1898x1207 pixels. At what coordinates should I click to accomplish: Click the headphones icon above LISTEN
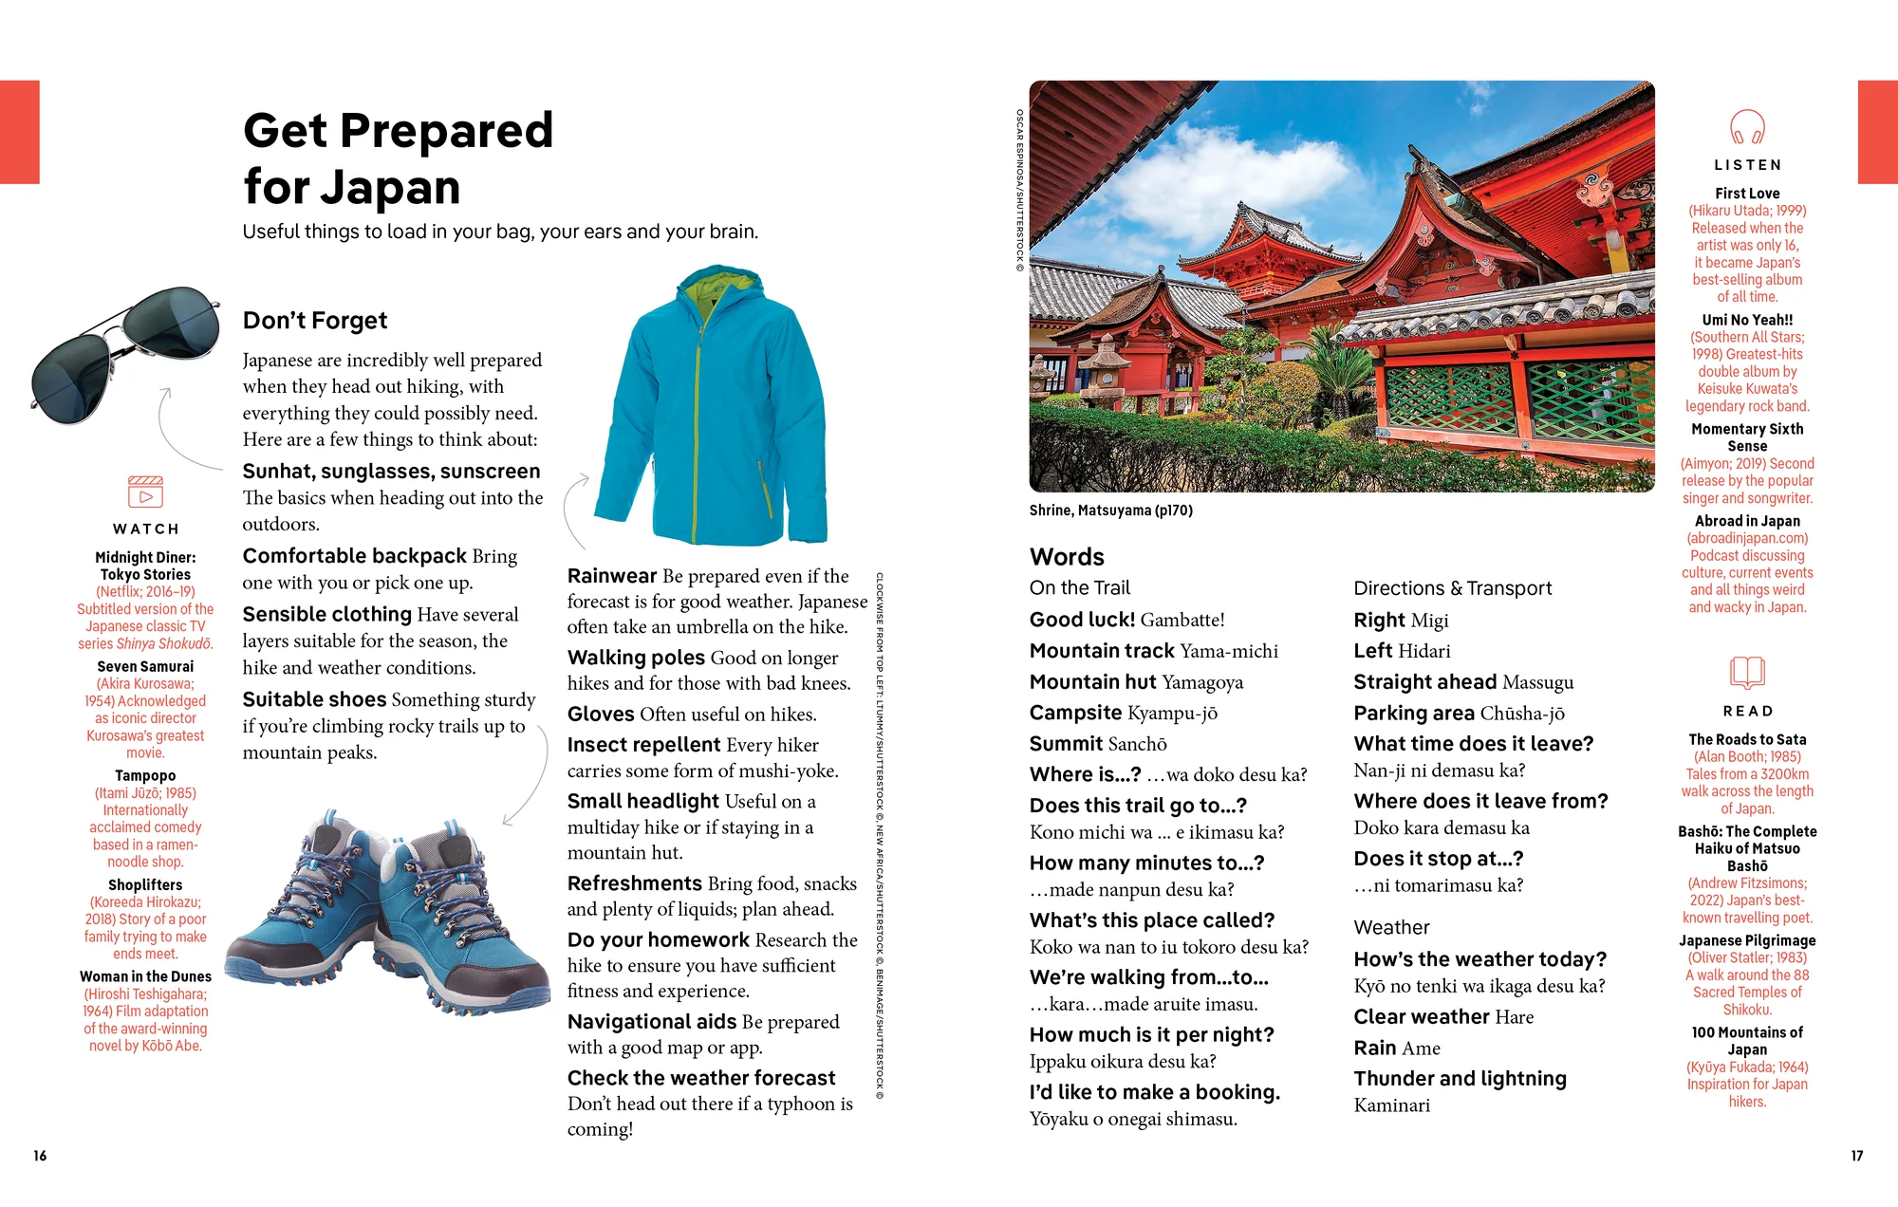point(1747,126)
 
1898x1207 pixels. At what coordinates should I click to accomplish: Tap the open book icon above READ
point(1747,673)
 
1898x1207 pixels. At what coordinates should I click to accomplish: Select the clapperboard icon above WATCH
point(145,492)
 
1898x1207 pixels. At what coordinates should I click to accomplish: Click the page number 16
point(40,1156)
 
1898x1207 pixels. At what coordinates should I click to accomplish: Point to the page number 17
point(1856,1156)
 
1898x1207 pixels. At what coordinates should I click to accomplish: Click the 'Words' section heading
point(1067,557)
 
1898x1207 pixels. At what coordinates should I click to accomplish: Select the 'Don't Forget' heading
point(315,321)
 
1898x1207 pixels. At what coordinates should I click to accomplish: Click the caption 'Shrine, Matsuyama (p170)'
point(1110,511)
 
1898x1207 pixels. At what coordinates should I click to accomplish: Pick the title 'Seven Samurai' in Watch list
point(145,666)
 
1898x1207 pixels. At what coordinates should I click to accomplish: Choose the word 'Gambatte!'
point(1182,621)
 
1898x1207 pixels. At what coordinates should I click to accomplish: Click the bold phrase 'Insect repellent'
point(643,745)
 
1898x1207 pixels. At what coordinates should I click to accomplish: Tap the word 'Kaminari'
point(1391,1105)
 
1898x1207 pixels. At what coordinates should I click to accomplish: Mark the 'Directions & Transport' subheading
point(1452,588)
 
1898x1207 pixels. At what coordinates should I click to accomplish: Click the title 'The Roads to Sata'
point(1747,739)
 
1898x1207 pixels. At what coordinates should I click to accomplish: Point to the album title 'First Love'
point(1747,194)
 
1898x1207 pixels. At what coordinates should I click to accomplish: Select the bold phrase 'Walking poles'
point(636,658)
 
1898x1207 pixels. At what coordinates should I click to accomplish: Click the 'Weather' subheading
point(1391,928)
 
